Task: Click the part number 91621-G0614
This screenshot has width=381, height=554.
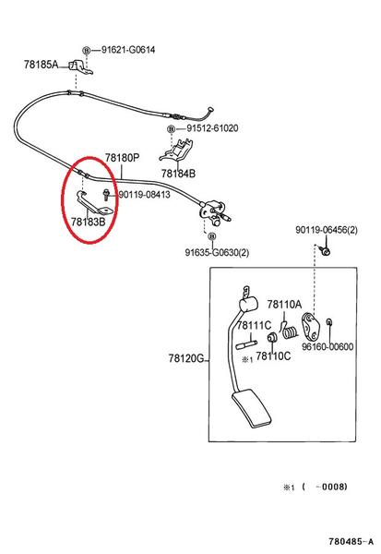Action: [128, 50]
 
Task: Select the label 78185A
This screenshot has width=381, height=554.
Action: [41, 65]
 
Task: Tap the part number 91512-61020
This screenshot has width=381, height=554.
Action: [212, 128]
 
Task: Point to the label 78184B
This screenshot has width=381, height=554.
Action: [178, 174]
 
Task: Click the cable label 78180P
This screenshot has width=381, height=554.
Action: [122, 158]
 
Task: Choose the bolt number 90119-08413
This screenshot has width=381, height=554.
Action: [144, 194]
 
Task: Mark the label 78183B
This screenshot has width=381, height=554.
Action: [88, 222]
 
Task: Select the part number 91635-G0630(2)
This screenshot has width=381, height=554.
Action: [217, 252]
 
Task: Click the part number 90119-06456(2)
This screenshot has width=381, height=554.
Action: [327, 230]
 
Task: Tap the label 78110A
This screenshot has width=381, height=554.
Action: [284, 304]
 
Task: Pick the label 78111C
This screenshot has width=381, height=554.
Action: [254, 325]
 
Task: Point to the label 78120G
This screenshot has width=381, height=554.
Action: [186, 358]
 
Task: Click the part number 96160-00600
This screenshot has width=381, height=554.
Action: [327, 346]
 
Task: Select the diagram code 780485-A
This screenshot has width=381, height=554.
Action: [351, 541]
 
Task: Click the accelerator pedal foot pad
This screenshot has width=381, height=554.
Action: [252, 408]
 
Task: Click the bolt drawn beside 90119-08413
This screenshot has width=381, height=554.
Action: [106, 195]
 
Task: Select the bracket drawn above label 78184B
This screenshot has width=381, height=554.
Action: [177, 151]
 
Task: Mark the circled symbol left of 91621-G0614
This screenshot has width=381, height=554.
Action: [86, 50]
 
